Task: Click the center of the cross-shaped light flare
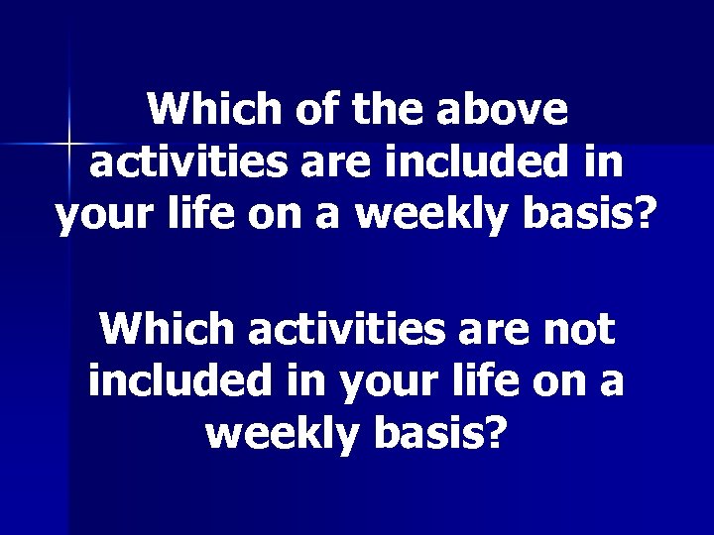click(x=67, y=146)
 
